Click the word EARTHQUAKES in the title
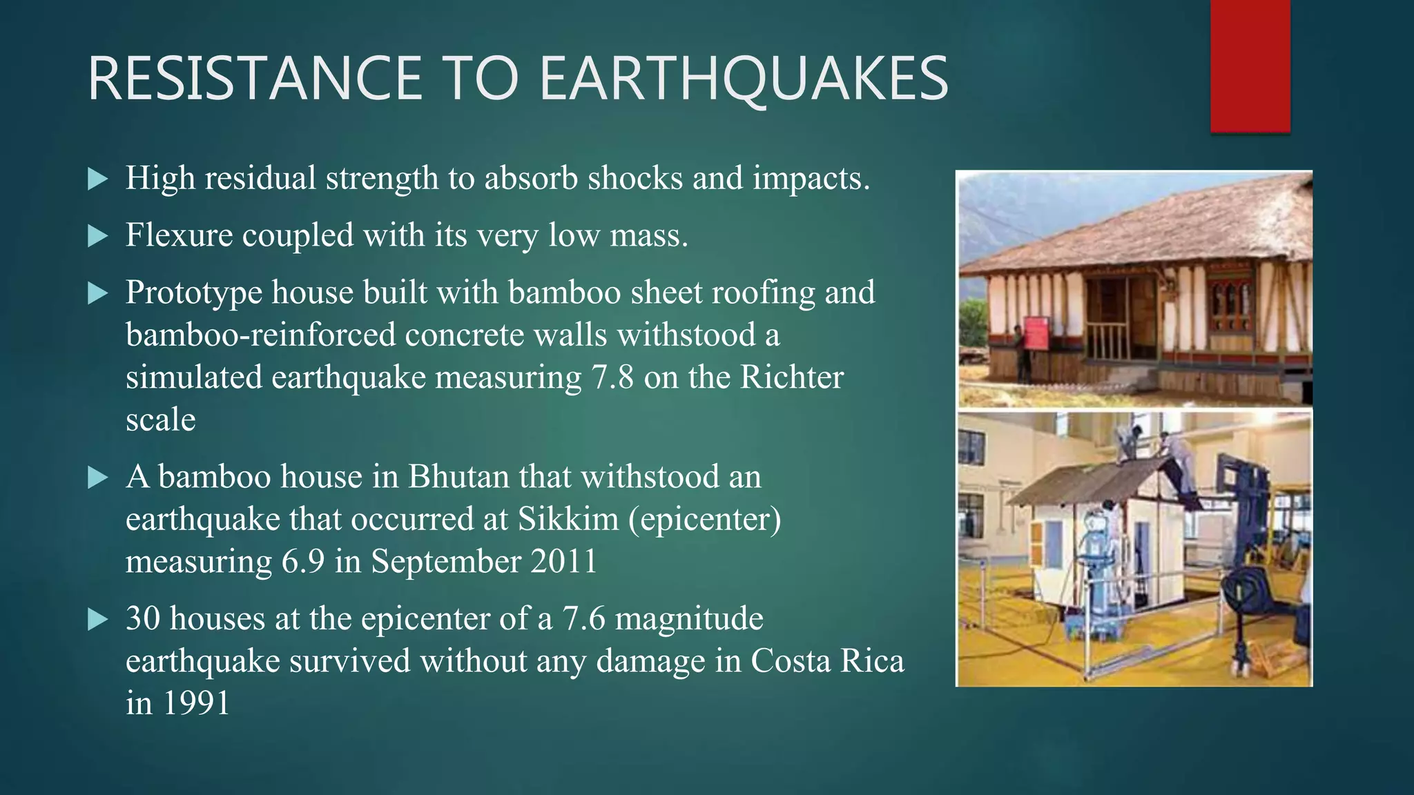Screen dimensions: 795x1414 pos(744,79)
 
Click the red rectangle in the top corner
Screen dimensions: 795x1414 pos(1250,66)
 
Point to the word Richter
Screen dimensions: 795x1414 pos(791,377)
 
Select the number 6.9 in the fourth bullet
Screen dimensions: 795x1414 pos(302,562)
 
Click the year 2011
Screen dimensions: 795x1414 pos(563,562)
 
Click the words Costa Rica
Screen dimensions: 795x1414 pos(826,661)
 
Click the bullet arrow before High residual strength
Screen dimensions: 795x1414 pos(99,180)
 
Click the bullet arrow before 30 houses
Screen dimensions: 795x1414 pos(99,620)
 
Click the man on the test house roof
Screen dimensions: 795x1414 pos(1174,462)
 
